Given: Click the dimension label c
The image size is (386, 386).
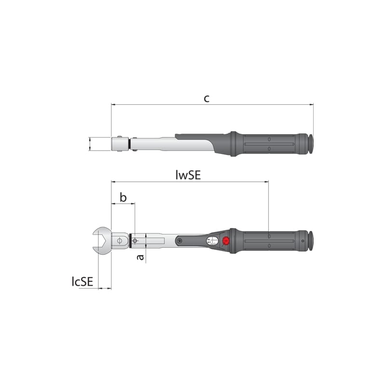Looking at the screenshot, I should pos(206,98).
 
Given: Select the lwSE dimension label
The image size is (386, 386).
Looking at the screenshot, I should pos(188,175).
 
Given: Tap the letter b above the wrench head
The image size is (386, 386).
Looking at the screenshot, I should pos(123,197).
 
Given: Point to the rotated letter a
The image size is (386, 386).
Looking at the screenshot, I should pos(140,258).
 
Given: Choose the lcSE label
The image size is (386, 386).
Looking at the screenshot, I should pos(82,282).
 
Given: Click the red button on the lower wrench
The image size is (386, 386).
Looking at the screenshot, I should pos(226,241).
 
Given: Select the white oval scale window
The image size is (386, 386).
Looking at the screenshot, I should pos(212,241).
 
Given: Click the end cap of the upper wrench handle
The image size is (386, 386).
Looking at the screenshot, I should pos(311,144).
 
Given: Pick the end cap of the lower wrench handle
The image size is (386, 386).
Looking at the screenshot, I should pos(311,240).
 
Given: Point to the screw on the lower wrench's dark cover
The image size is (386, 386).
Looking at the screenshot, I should pos(179,240).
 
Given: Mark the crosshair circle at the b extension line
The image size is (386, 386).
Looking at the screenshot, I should pos(135,240).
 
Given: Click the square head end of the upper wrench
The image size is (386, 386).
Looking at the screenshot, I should pos(118,144).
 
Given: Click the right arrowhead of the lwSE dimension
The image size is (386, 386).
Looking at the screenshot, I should pos(266,182).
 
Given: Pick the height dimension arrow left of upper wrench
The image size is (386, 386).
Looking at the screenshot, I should pos(90,144).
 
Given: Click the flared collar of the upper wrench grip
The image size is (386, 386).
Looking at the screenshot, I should pos(234,144).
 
